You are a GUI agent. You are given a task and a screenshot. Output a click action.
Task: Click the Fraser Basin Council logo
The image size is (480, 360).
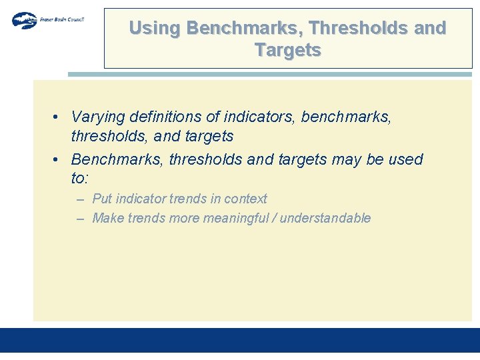click(47, 20)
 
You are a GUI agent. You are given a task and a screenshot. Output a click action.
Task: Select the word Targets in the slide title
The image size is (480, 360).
click(287, 50)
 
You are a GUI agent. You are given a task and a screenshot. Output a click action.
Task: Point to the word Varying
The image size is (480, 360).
click(98, 117)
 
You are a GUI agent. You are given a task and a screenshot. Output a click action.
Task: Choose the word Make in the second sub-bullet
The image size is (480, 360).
click(107, 218)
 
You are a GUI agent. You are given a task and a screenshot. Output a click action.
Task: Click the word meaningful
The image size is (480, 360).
click(238, 218)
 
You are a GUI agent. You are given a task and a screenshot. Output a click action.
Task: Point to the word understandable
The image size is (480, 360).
click(325, 218)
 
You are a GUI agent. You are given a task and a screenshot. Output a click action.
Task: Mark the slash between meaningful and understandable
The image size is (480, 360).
click(273, 218)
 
